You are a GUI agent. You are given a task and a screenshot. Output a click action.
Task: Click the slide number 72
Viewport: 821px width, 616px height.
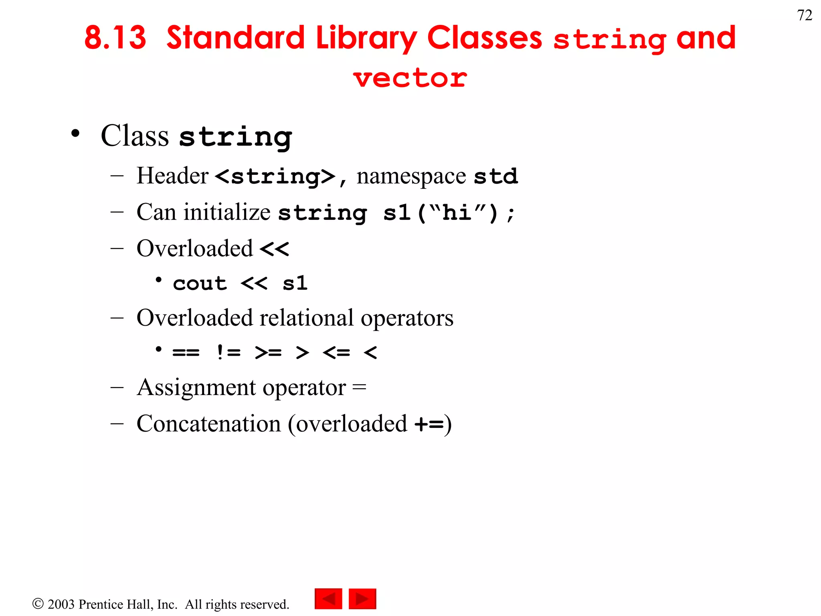(x=804, y=16)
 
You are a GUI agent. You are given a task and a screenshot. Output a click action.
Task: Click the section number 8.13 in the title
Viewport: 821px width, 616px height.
(x=115, y=38)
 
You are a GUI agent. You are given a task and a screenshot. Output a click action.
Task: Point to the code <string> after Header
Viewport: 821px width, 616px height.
(x=275, y=176)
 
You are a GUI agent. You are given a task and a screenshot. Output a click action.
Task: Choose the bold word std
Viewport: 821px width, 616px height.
(x=495, y=176)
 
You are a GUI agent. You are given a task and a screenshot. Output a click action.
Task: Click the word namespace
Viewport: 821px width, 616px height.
(x=411, y=176)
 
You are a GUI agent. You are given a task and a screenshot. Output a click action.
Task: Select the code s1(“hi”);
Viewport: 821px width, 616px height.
(x=449, y=213)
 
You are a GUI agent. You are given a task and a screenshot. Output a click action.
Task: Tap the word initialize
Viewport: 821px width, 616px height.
(x=227, y=212)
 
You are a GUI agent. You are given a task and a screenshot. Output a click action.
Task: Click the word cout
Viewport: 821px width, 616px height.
(x=200, y=284)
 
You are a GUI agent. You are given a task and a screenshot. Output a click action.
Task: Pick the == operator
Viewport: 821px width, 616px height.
(x=186, y=353)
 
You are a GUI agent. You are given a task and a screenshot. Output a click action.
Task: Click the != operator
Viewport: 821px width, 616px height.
(x=228, y=353)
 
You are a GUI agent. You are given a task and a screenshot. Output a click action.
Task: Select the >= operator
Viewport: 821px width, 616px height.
(x=268, y=353)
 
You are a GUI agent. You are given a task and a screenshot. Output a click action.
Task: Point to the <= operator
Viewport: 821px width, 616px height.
(x=336, y=353)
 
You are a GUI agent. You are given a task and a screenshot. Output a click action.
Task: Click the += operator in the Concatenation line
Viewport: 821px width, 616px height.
(x=429, y=424)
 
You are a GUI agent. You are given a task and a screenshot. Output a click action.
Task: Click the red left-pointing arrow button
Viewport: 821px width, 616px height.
(x=328, y=599)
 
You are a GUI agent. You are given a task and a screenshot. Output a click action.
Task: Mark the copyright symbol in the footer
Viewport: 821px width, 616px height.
(x=38, y=604)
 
